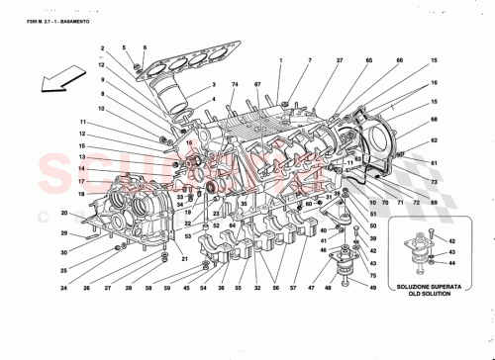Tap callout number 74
(236, 86)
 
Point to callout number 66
(371, 61)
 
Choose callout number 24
(62, 289)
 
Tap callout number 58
(148, 289)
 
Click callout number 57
(294, 289)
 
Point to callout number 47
(313, 289)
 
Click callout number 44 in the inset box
(452, 263)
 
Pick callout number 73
(433, 183)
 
